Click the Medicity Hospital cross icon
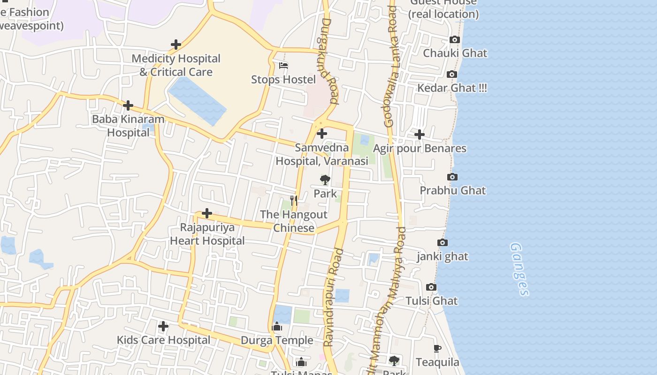(176, 45)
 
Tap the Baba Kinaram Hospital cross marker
(128, 105)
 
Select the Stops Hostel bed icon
(283, 66)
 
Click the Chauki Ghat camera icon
(455, 40)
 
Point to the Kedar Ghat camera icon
(452, 75)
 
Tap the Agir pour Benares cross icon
(419, 135)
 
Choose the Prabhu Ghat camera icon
(452, 177)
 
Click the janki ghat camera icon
(443, 243)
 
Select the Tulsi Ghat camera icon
(431, 287)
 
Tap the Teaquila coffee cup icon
(437, 348)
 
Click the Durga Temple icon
(277, 326)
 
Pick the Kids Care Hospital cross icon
(163, 326)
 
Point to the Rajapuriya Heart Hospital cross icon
(207, 214)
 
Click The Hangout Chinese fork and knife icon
(294, 201)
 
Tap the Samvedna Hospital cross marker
(322, 134)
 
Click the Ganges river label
(519, 269)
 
